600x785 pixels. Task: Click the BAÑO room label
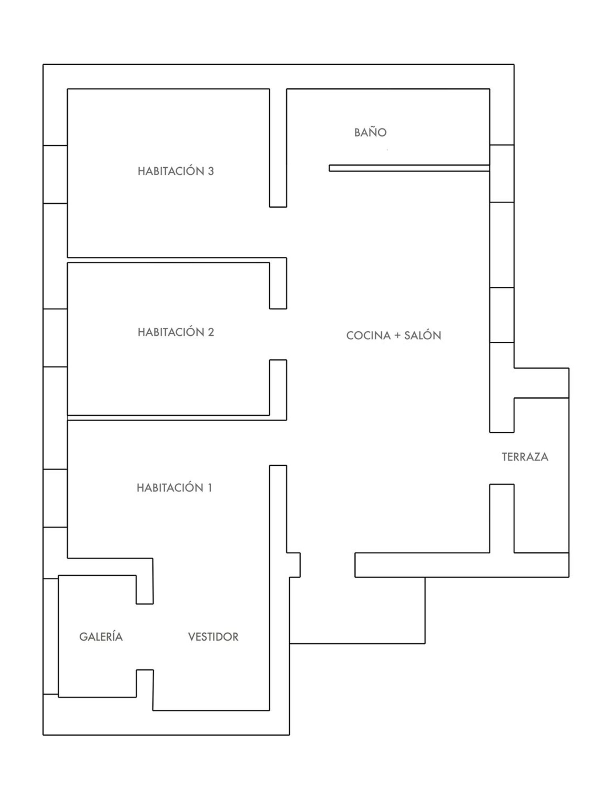tap(370, 132)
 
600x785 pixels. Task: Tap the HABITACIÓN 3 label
tap(176, 171)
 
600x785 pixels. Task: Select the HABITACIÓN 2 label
tap(176, 332)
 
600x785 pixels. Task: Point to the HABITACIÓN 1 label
tap(174, 487)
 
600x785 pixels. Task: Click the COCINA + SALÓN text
tap(394, 335)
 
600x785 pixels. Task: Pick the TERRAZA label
tap(525, 457)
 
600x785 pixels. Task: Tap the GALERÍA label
tap(101, 636)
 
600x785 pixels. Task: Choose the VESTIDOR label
tap(213, 637)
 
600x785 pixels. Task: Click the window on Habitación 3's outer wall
tap(55, 174)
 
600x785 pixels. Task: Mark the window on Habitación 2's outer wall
tap(55, 338)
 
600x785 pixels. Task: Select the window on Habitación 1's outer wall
tap(55, 498)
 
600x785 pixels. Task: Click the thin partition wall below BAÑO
tap(409, 168)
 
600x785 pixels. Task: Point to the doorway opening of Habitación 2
tap(278, 334)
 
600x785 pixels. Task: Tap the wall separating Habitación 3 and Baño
tap(278, 148)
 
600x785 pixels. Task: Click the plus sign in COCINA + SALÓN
tap(397, 336)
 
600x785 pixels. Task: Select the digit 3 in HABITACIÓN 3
tap(210, 171)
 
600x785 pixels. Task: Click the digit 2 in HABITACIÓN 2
tap(210, 332)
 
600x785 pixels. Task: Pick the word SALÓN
tap(423, 335)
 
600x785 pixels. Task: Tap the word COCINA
tap(368, 336)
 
